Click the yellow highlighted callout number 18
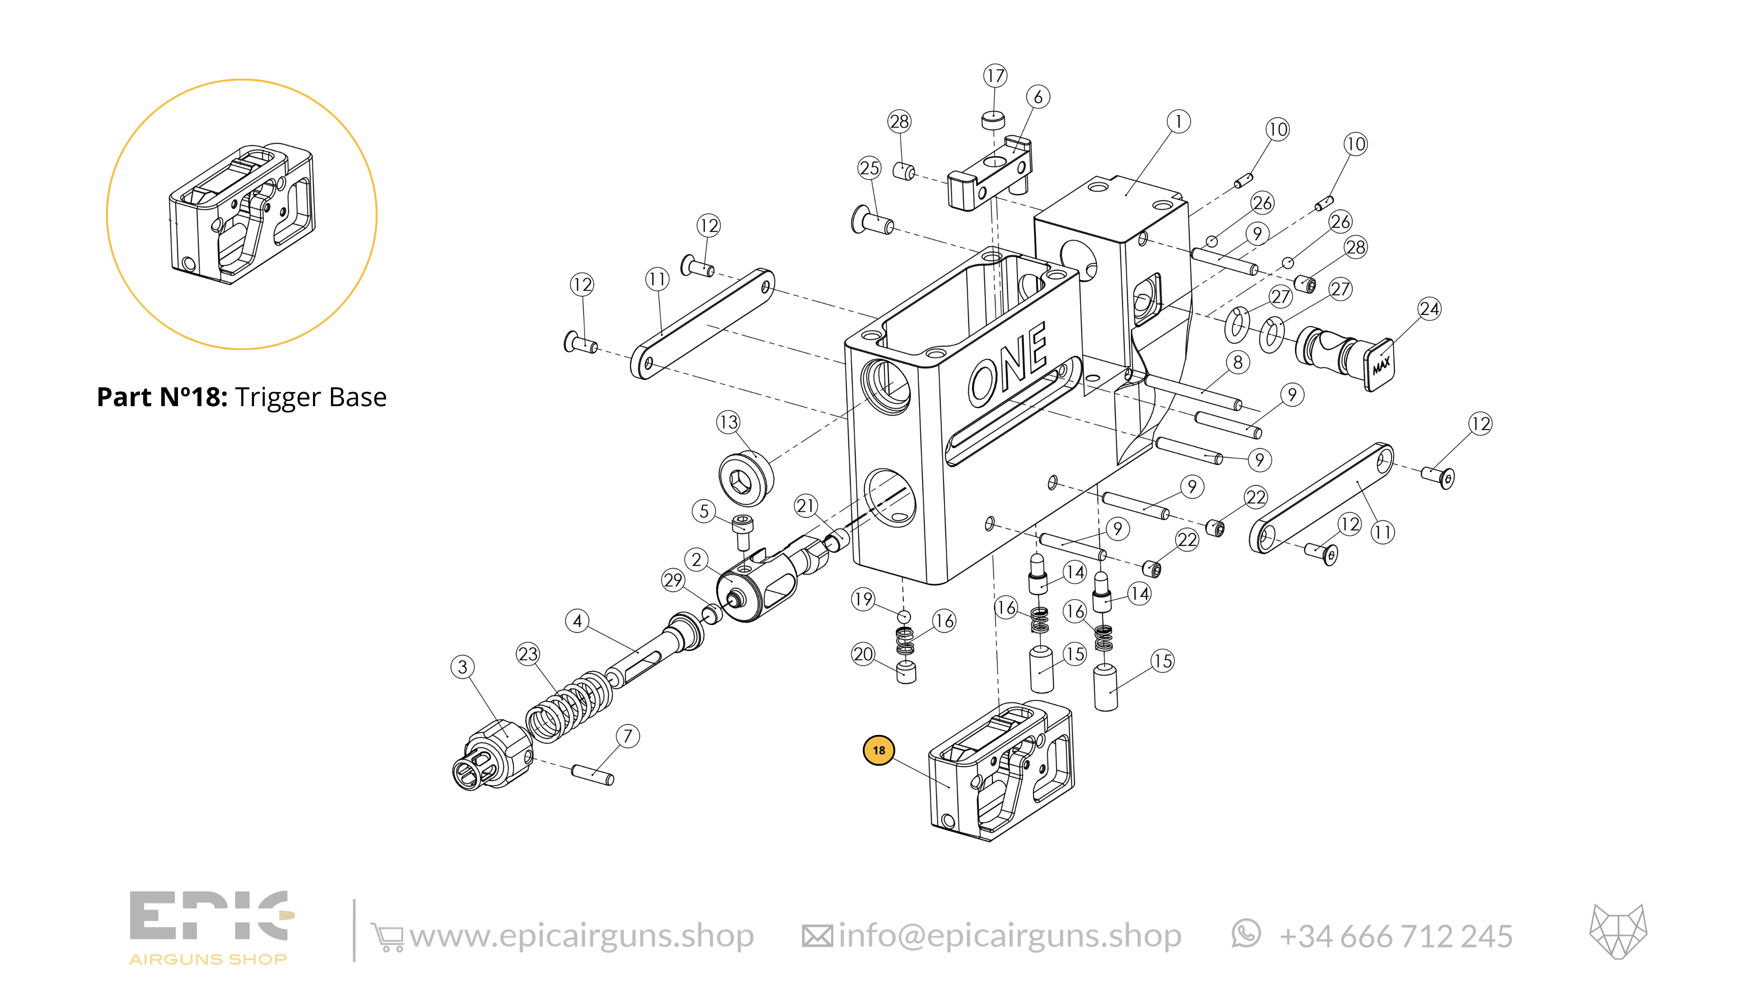tap(878, 750)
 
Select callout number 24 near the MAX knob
tap(1429, 309)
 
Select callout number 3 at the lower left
tap(463, 667)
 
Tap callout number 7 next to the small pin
tap(627, 736)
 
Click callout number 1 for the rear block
tap(1178, 121)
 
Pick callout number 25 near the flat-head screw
tap(869, 168)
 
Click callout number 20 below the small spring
tap(863, 654)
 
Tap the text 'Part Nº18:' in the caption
tap(162, 397)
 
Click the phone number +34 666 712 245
tap(1395, 936)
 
